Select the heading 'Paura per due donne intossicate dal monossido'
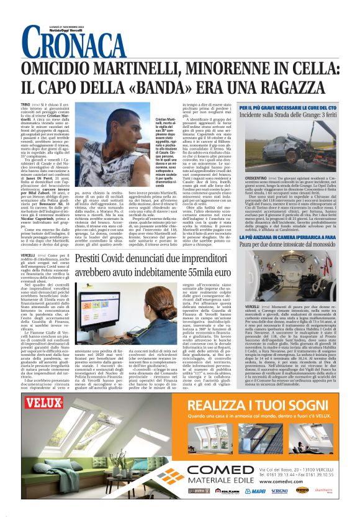tap(292, 244)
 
